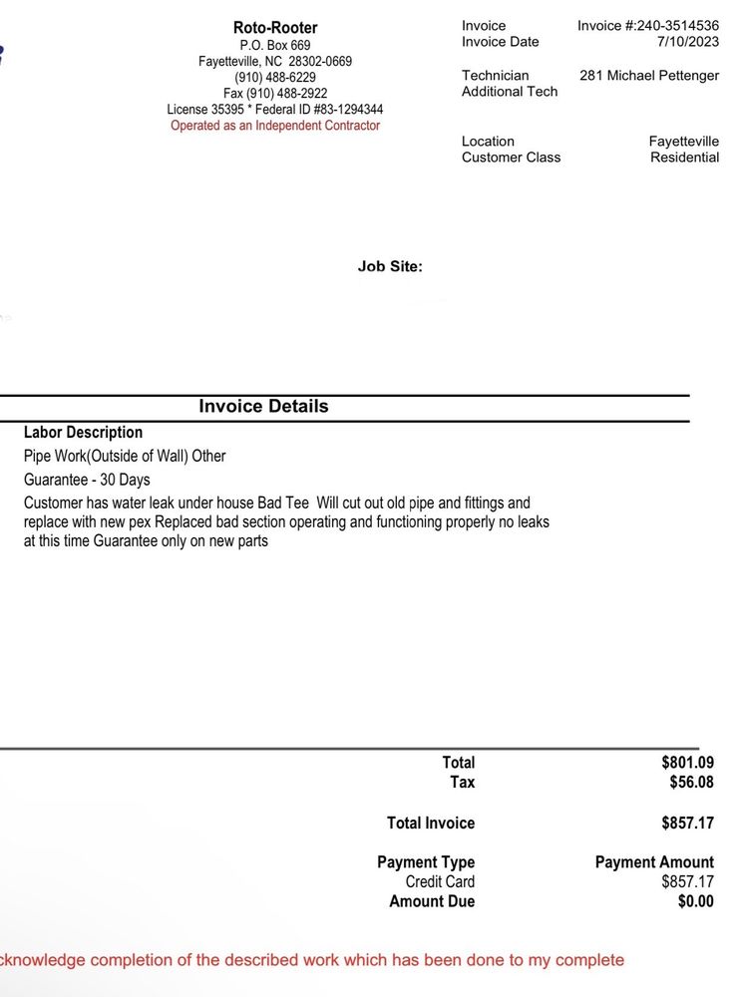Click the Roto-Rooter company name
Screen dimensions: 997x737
275,28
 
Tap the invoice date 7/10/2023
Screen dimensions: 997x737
688,42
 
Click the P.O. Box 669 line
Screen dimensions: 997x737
275,46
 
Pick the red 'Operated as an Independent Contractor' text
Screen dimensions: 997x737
275,126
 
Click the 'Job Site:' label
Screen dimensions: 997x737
390,266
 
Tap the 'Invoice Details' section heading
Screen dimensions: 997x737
263,407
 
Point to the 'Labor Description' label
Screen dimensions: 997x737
83,433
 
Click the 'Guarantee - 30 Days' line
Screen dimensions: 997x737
87,480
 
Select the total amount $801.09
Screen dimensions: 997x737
687,763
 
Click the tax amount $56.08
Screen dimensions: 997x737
691,783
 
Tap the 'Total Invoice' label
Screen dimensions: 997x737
431,824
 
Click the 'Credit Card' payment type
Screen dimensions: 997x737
440,882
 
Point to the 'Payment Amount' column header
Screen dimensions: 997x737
654,862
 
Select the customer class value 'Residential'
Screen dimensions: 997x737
684,158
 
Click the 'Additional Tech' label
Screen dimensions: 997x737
510,92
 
